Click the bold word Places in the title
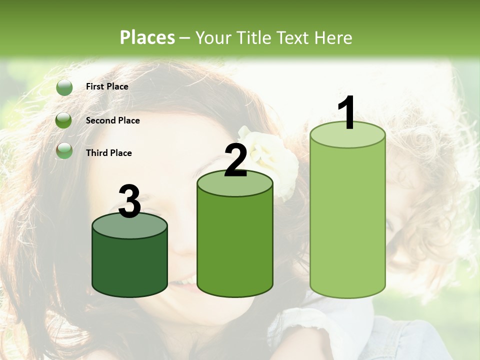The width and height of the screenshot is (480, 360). click(147, 37)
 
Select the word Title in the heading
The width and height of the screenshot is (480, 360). click(253, 38)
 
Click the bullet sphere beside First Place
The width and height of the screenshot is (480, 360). click(64, 87)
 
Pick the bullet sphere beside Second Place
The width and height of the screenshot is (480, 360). click(64, 120)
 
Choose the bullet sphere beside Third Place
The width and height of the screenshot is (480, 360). click(64, 151)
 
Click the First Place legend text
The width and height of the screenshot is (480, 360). click(107, 86)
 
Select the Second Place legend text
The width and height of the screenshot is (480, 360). click(112, 120)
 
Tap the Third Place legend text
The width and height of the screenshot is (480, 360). click(108, 153)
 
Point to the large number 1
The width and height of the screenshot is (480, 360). click(347, 114)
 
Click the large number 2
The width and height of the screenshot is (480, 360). click(236, 161)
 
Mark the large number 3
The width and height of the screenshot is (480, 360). click(130, 201)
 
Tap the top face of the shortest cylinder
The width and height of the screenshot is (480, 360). click(130, 226)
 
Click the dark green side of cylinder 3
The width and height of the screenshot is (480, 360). click(130, 265)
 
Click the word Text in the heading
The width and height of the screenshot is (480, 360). click(295, 38)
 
